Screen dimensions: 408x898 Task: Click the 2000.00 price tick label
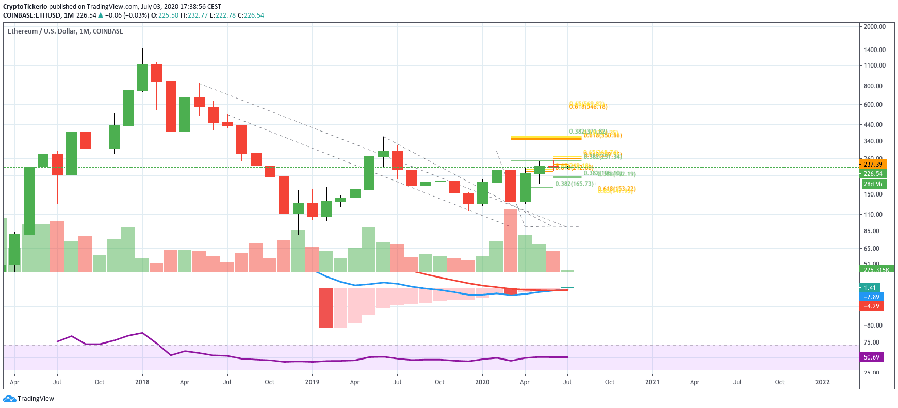[x=874, y=27]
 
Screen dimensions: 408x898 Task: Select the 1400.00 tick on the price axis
[x=874, y=50]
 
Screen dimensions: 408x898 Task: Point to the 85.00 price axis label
[x=871, y=231]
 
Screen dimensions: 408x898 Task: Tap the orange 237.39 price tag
[x=873, y=165]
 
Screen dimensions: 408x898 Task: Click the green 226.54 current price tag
[x=873, y=174]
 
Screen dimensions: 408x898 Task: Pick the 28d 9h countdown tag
[x=873, y=184]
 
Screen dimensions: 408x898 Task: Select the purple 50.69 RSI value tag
[x=871, y=357]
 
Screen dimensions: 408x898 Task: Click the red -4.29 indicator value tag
[x=871, y=306]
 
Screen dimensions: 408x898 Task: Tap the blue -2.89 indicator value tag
[x=871, y=297]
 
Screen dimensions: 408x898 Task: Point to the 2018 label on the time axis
[x=142, y=382]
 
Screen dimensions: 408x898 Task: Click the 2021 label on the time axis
[x=652, y=382]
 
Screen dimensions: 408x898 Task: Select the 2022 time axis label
[x=822, y=382]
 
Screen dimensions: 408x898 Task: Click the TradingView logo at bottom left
[x=29, y=399]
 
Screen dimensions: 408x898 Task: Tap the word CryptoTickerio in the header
[x=25, y=7]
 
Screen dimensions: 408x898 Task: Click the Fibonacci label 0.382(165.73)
[x=574, y=184]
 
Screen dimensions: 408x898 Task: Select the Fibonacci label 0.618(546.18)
[x=588, y=107]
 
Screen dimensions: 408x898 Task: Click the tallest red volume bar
[x=510, y=240]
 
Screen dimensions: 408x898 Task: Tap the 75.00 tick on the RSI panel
[x=871, y=342]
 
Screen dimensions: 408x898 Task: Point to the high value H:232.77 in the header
[x=194, y=15]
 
